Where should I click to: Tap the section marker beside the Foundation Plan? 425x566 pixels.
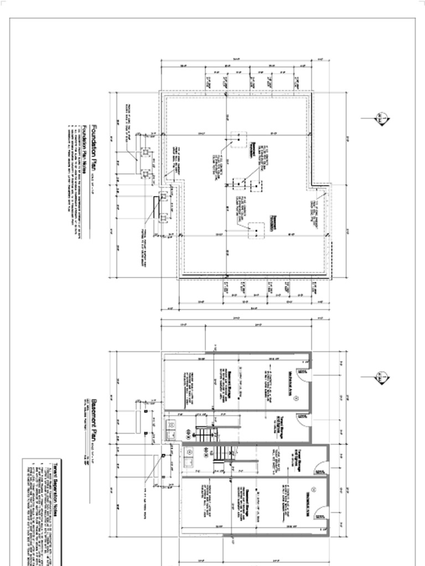pos(381,118)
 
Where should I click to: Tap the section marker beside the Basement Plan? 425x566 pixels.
pos(381,377)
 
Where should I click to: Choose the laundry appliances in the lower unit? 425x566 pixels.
pos(189,458)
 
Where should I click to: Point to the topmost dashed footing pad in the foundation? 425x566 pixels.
pos(239,139)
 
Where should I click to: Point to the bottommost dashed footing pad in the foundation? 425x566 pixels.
pos(256,230)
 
